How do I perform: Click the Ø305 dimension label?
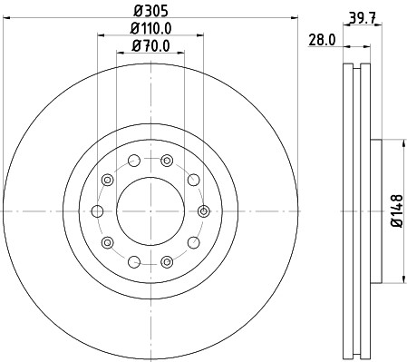(150, 13)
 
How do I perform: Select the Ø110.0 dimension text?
(150, 28)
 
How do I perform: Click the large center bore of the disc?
(150, 211)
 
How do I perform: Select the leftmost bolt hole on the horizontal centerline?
(97, 211)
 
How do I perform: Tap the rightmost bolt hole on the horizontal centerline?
(204, 211)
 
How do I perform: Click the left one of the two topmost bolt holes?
(134, 161)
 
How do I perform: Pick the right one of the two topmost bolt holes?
(167, 161)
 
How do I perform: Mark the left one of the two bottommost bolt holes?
(134, 262)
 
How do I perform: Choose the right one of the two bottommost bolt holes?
(167, 262)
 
